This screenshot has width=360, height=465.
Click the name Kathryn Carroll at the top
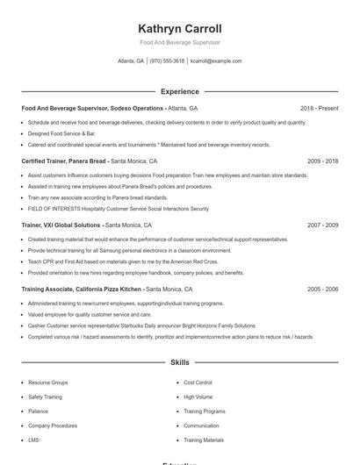180,28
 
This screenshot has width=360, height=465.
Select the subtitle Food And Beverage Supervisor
180,42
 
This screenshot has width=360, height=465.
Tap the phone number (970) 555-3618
167,61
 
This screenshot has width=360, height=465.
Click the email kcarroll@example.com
216,61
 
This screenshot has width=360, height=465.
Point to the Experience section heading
180,91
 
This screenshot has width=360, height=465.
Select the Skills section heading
180,361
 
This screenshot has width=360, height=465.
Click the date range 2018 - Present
319,108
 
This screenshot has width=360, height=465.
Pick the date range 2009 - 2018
322,161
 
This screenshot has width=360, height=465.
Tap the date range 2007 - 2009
322,225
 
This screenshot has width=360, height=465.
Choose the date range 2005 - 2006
322,289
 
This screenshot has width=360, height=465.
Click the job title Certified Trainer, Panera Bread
63,161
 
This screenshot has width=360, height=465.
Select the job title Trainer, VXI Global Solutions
61,225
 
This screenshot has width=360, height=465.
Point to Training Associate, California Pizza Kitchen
81,289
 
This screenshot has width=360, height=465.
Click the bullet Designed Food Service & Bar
61,133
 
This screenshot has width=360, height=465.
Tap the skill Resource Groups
47,383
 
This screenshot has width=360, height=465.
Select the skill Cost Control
198,383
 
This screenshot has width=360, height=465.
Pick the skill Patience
38,411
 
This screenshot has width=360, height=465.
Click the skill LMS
33,440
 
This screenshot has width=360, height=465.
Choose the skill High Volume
198,397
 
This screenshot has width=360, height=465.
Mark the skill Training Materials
203,440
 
